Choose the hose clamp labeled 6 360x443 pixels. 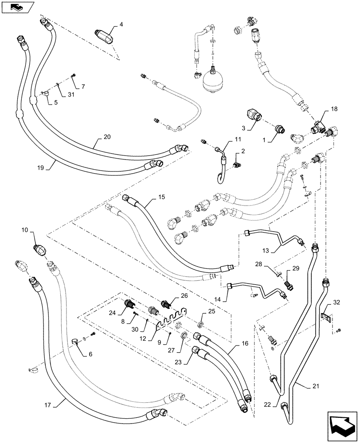(x=77, y=341)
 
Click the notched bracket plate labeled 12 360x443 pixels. (x=171, y=318)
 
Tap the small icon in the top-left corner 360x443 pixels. (x=17, y=7)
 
